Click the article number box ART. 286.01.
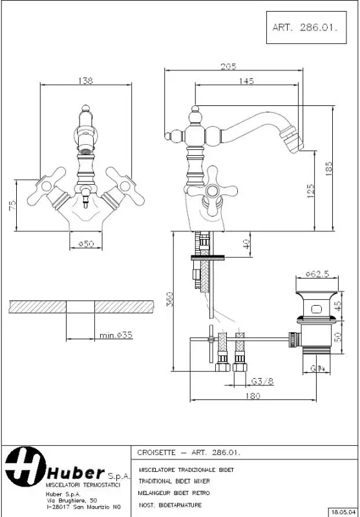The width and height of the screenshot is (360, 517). click(x=305, y=28)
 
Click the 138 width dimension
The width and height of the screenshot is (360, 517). click(x=85, y=81)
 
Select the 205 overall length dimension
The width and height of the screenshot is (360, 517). click(x=228, y=66)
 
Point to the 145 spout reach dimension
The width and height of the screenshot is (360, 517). click(x=246, y=81)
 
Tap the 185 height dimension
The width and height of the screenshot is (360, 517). click(x=328, y=168)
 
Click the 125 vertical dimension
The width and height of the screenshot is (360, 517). click(x=310, y=190)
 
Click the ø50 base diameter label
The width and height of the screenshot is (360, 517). click(x=85, y=243)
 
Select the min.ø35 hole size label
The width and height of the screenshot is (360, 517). click(x=116, y=335)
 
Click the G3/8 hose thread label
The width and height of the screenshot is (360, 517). click(x=262, y=381)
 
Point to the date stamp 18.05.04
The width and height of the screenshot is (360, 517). click(x=343, y=511)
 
